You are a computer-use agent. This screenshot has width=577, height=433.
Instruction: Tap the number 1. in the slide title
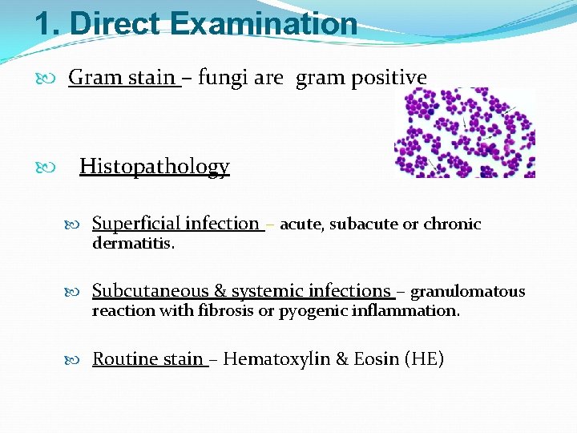click(48, 23)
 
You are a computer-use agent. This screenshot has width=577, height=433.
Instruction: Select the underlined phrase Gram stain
click(122, 78)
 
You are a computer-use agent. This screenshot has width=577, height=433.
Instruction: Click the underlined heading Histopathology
click(154, 167)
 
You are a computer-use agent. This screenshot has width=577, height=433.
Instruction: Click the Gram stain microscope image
click(465, 132)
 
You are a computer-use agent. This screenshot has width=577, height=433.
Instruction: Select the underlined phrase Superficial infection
click(176, 224)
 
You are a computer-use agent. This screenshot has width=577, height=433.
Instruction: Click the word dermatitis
click(133, 243)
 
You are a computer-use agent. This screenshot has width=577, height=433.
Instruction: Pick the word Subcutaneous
click(151, 291)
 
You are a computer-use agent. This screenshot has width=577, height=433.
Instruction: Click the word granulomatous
click(467, 292)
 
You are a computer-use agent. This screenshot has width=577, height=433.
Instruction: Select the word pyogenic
click(308, 311)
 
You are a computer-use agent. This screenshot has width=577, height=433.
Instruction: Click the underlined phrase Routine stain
click(148, 358)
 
